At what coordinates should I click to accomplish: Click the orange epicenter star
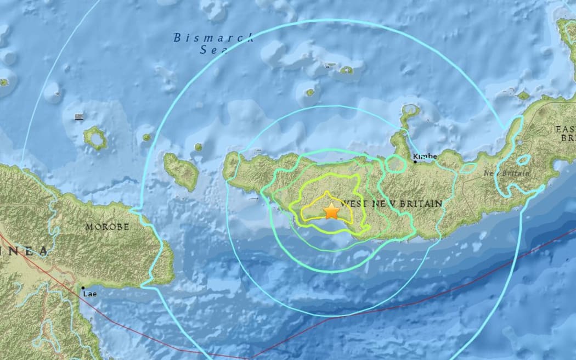[331, 211]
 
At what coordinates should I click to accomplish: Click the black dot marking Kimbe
[415, 162]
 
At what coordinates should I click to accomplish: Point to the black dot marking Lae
[83, 287]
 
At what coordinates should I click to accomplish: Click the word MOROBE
[107, 227]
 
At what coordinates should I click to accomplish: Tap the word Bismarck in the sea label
[213, 38]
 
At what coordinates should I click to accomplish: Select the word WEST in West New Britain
[352, 204]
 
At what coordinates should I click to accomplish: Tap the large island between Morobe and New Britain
[181, 171]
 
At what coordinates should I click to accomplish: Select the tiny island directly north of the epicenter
[310, 92]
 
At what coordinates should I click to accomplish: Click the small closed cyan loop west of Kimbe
[394, 163]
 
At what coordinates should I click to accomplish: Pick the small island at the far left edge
[4, 82]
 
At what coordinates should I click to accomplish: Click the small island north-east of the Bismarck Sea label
[346, 70]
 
